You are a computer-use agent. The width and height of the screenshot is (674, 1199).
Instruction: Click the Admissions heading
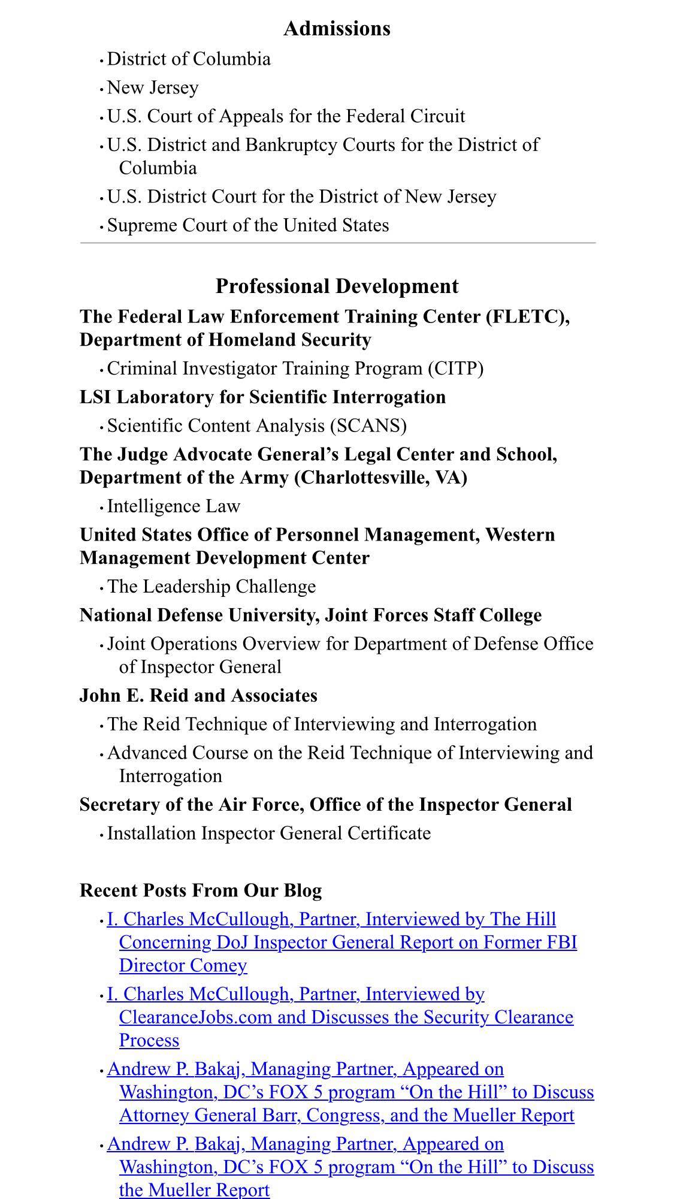[337, 29]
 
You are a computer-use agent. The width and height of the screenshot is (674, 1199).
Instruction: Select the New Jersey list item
[153, 87]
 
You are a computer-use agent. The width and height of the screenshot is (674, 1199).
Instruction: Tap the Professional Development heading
[337, 286]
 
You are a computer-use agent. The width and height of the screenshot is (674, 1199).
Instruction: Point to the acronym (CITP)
[455, 368]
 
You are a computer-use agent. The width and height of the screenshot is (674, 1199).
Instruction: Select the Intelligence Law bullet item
[174, 506]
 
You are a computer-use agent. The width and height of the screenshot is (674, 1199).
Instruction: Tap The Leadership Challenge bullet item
[211, 587]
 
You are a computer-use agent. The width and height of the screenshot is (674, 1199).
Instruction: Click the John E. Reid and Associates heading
[198, 696]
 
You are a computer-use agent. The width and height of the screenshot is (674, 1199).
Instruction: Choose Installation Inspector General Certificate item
[269, 833]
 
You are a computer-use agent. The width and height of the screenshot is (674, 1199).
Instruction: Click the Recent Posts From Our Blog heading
[201, 890]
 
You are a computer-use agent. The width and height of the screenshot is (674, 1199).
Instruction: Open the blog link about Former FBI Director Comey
[341, 942]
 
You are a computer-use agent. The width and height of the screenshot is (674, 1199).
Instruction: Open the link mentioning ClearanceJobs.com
[346, 1017]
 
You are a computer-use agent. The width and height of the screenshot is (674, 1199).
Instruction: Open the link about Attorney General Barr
[346, 1115]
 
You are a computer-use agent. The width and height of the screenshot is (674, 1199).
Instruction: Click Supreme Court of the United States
[248, 225]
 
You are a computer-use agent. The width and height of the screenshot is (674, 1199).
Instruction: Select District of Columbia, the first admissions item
[189, 59]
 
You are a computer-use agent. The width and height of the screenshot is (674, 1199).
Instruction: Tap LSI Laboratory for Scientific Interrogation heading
[262, 397]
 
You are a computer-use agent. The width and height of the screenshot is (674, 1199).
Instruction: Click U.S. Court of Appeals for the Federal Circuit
[286, 116]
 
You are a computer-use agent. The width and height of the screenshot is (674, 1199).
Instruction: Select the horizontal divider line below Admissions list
[338, 243]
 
